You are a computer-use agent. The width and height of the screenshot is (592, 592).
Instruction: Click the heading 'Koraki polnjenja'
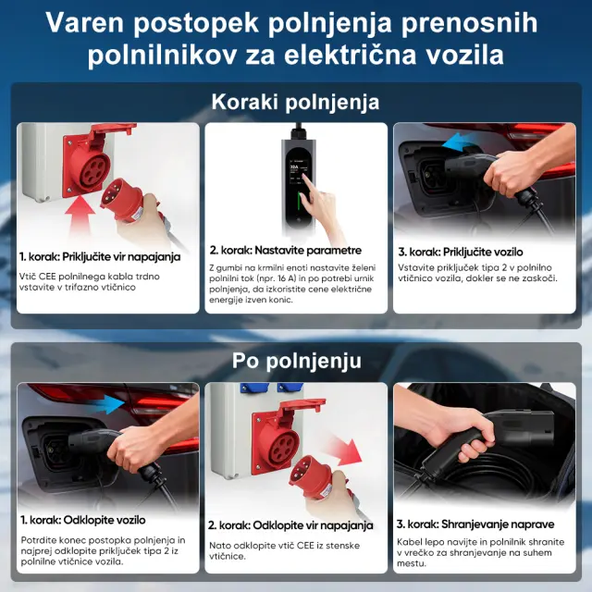295,102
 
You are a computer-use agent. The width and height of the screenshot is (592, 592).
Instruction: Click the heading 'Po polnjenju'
297,361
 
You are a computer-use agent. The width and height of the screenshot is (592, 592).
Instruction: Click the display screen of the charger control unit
297,172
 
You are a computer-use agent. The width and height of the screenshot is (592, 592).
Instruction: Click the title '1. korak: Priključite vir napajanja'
100,257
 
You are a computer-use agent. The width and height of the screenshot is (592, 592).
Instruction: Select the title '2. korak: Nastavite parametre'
286,251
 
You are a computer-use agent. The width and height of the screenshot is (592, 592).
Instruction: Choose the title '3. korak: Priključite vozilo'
461,252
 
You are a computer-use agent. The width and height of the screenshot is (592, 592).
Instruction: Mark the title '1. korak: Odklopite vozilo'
83,520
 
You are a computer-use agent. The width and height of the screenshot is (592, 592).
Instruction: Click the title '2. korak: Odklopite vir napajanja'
290,525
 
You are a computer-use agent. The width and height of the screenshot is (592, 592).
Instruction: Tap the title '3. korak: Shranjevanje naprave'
475,524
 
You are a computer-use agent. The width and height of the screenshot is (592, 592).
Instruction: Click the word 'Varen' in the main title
84,23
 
